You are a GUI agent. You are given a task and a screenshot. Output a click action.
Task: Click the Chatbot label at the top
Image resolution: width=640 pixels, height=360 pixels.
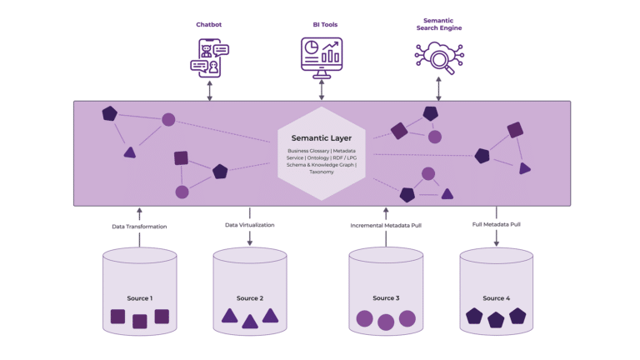pos(209,25)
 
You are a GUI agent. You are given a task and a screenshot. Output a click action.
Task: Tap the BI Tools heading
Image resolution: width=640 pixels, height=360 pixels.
pos(321,25)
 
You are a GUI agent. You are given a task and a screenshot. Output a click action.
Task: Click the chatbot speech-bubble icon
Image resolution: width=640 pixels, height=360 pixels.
pos(209,57)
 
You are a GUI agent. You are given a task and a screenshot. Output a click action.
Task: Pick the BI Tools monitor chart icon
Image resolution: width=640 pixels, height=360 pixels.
pos(321,57)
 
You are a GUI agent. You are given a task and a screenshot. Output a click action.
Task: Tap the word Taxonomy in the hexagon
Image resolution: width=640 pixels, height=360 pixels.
pos(321,172)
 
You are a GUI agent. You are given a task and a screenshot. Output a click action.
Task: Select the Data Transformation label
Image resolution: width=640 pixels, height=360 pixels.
pos(139,227)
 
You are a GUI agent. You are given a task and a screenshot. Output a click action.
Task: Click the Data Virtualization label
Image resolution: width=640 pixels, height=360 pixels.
pos(249,225)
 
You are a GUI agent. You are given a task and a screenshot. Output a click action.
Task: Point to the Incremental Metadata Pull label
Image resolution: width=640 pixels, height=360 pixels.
pos(386,226)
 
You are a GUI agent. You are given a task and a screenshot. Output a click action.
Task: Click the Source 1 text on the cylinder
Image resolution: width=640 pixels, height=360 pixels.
pos(139,297)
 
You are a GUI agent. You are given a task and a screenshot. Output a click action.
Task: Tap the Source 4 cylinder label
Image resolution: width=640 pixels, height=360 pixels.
pos(496,297)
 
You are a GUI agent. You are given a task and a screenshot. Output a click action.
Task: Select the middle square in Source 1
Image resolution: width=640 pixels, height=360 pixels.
pos(140,321)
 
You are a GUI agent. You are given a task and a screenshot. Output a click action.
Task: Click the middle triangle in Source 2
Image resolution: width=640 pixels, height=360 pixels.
pos(250,321)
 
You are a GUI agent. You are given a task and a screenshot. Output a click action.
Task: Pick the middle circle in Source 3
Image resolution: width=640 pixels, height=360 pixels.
pos(386,322)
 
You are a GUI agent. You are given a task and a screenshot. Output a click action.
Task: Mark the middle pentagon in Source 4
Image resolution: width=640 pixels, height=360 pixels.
pos(497,319)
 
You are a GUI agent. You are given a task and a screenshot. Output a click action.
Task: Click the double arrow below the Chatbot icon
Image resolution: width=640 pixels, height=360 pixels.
pos(210,91)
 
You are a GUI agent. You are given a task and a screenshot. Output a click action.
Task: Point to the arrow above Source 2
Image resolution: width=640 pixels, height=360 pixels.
pos(250,238)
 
